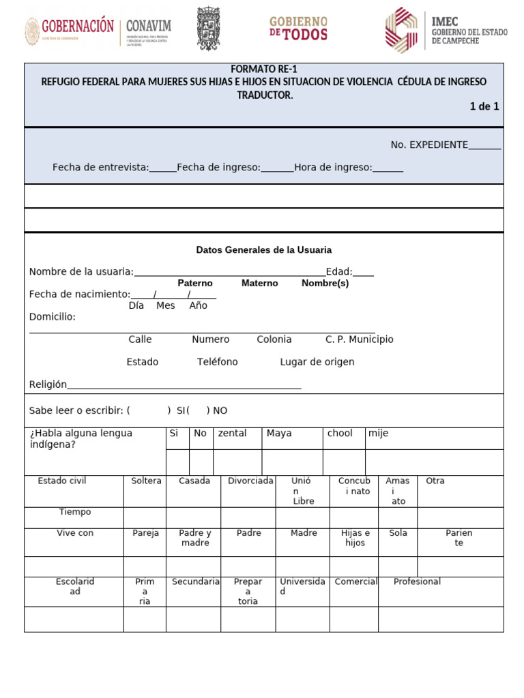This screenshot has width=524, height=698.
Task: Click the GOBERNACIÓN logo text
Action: (77, 27)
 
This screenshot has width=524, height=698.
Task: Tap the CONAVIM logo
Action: (148, 27)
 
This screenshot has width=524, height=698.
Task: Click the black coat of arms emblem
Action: (209, 28)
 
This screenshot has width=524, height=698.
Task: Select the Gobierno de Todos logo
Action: (298, 29)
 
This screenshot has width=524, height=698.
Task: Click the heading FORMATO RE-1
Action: (264, 70)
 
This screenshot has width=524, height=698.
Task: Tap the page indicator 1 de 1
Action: (484, 106)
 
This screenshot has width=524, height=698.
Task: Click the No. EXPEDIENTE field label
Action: (429, 145)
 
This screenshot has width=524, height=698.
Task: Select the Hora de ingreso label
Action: (334, 168)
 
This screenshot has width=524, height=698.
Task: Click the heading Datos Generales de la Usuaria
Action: (264, 250)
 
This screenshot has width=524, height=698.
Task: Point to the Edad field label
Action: (339, 272)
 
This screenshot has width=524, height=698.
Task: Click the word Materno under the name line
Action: (260, 284)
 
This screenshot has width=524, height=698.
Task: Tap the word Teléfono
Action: (218, 362)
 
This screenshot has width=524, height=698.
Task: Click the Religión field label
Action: (48, 384)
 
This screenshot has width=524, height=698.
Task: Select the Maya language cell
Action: (279, 434)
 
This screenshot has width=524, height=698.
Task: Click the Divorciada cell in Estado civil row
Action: (250, 481)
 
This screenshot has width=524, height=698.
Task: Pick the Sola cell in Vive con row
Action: (398, 533)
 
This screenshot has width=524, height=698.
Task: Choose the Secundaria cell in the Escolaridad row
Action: (196, 582)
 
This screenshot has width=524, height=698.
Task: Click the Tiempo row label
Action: (75, 512)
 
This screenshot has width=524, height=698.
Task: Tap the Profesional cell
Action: (417, 582)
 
